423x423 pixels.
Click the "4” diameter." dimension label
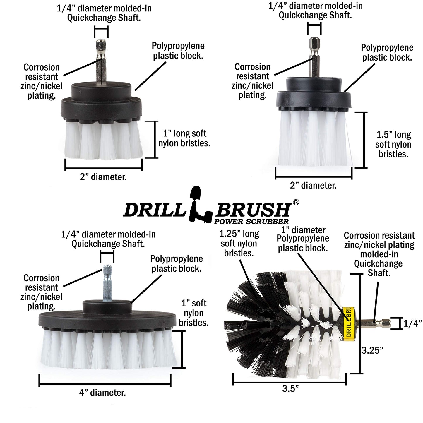pyautogui.click(x=102, y=393)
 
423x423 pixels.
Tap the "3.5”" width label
pyautogui.click(x=290, y=388)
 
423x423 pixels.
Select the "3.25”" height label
pyautogui.click(x=372, y=350)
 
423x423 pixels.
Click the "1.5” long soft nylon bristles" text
pyautogui.click(x=393, y=144)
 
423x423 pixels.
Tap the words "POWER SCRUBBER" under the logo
pyautogui.click(x=251, y=221)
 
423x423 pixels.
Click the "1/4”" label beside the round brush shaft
pyautogui.click(x=412, y=323)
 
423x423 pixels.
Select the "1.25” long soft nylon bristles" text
pyautogui.click(x=239, y=243)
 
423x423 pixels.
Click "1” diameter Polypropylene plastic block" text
pyautogui.click(x=303, y=239)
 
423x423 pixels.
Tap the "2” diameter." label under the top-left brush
pyautogui.click(x=103, y=177)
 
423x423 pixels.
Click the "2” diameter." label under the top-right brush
pyautogui.click(x=313, y=185)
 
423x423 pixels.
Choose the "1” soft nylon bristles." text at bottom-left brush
pyautogui.click(x=193, y=313)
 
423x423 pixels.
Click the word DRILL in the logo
pyautogui.click(x=155, y=209)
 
